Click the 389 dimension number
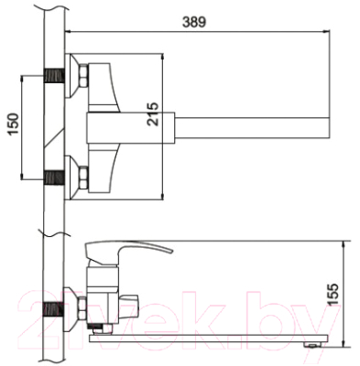click(x=194, y=22)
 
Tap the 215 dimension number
click(x=153, y=114)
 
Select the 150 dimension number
click(x=14, y=124)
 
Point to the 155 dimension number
click(x=333, y=295)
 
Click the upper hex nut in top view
click(x=83, y=76)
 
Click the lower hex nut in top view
click(x=83, y=178)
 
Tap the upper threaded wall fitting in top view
click(x=54, y=75)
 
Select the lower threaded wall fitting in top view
click(x=54, y=178)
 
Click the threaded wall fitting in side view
click(x=54, y=309)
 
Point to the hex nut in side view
click(x=82, y=308)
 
